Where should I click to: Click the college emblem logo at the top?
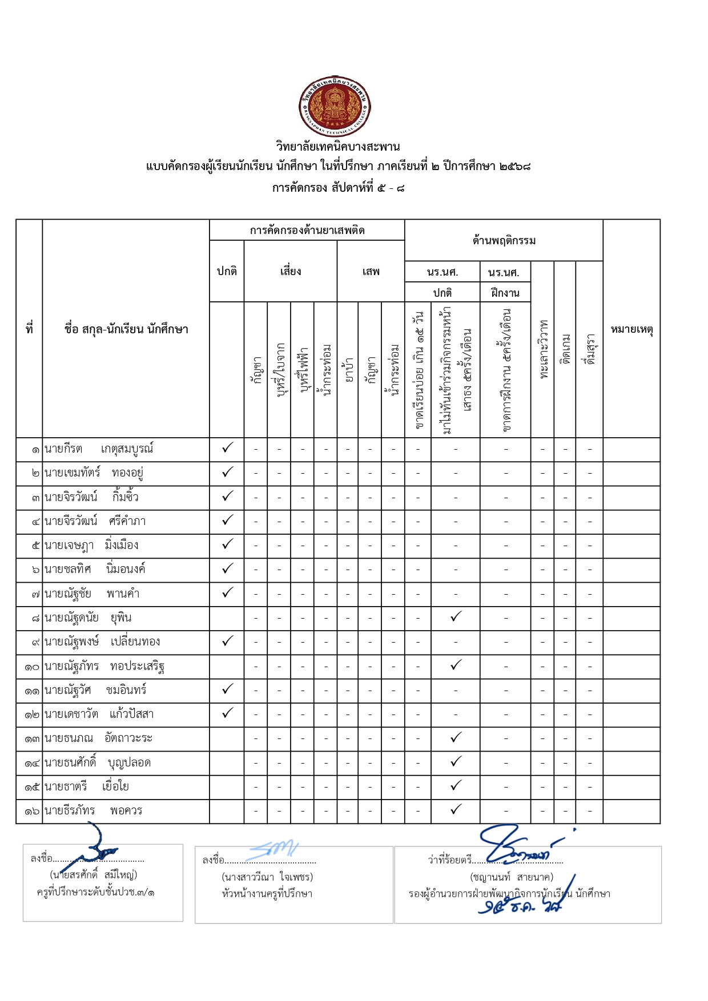[335, 107]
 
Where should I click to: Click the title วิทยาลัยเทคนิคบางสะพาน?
[337, 147]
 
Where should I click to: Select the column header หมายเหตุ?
[631, 329]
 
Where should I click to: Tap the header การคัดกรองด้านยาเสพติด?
[307, 231]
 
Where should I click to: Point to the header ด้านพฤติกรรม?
[504, 241]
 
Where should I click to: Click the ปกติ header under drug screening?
[227, 272]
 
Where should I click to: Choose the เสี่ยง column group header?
[291, 272]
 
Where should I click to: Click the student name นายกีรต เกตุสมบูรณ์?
[99, 449]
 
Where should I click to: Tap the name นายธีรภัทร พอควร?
[94, 810]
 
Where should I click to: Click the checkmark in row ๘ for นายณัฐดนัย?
[456, 616]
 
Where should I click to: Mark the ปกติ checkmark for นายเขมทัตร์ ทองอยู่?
[227, 472]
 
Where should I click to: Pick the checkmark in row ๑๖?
[456, 809]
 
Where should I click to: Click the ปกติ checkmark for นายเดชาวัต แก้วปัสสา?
[227, 713]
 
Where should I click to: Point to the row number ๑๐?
[31, 667]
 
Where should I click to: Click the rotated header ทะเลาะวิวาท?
[543, 349]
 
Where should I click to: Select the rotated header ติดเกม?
[565, 349]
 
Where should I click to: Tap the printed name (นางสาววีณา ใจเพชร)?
[267, 877]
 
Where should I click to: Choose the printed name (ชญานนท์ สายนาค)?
[512, 877]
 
